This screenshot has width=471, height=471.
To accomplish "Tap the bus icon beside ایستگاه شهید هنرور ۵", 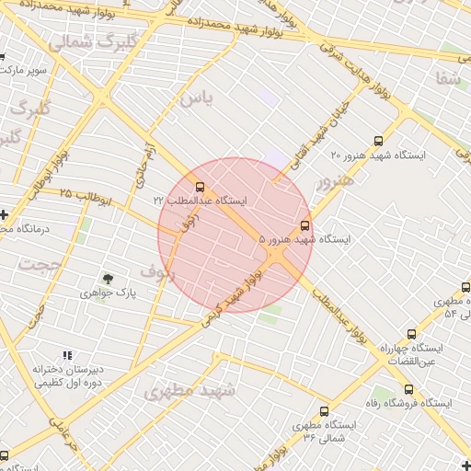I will point(305,224).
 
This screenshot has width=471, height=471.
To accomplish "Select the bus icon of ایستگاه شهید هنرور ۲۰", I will point(378,140).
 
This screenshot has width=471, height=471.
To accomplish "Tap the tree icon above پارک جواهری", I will point(108,278).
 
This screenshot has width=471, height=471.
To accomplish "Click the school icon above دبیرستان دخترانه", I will point(66,355).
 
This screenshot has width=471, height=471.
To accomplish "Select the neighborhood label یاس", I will point(195,97).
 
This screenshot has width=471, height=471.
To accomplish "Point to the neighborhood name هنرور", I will point(334,183).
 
